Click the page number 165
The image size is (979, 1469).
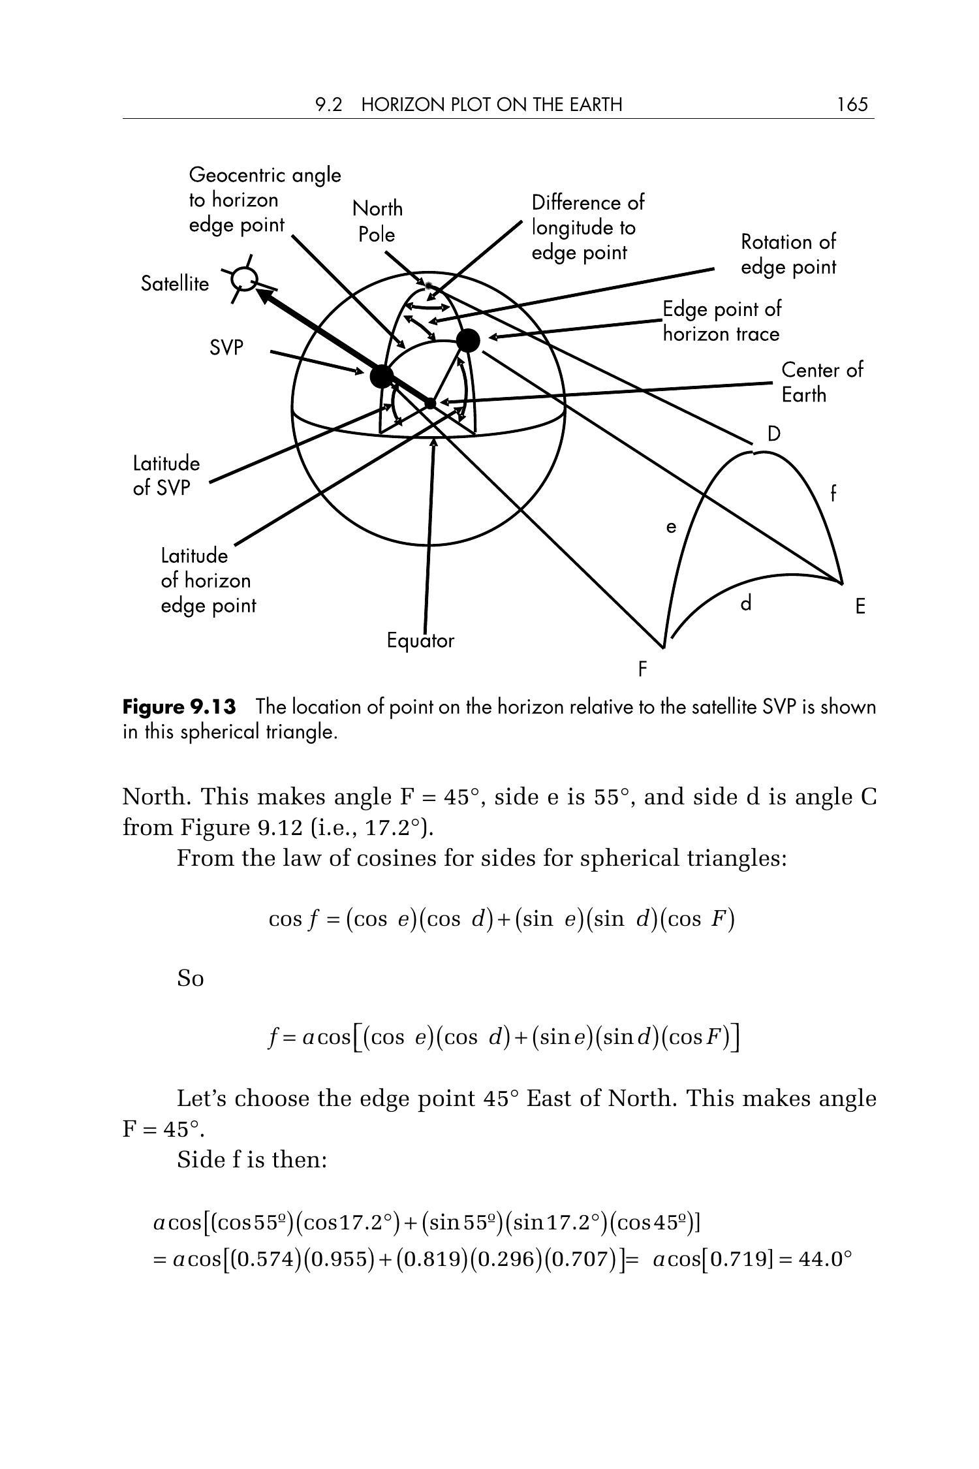(852, 104)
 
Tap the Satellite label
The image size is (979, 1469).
(175, 284)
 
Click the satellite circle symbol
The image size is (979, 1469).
(245, 279)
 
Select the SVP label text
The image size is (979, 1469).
(226, 348)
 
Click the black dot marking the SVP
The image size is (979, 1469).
(381, 376)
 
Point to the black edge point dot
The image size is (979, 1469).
(468, 340)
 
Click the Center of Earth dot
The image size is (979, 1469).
(430, 403)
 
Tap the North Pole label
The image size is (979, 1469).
(377, 221)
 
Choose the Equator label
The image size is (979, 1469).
(420, 640)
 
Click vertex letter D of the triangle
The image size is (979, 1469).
(773, 434)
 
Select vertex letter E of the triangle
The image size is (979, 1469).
(860, 607)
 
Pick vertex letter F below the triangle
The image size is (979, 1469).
(643, 669)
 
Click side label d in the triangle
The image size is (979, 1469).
(746, 604)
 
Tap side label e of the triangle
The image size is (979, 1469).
(671, 527)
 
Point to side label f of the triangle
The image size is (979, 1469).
(833, 494)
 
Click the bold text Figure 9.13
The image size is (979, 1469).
(179, 707)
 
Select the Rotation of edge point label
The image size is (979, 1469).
(788, 255)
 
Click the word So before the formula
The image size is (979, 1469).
(191, 979)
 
